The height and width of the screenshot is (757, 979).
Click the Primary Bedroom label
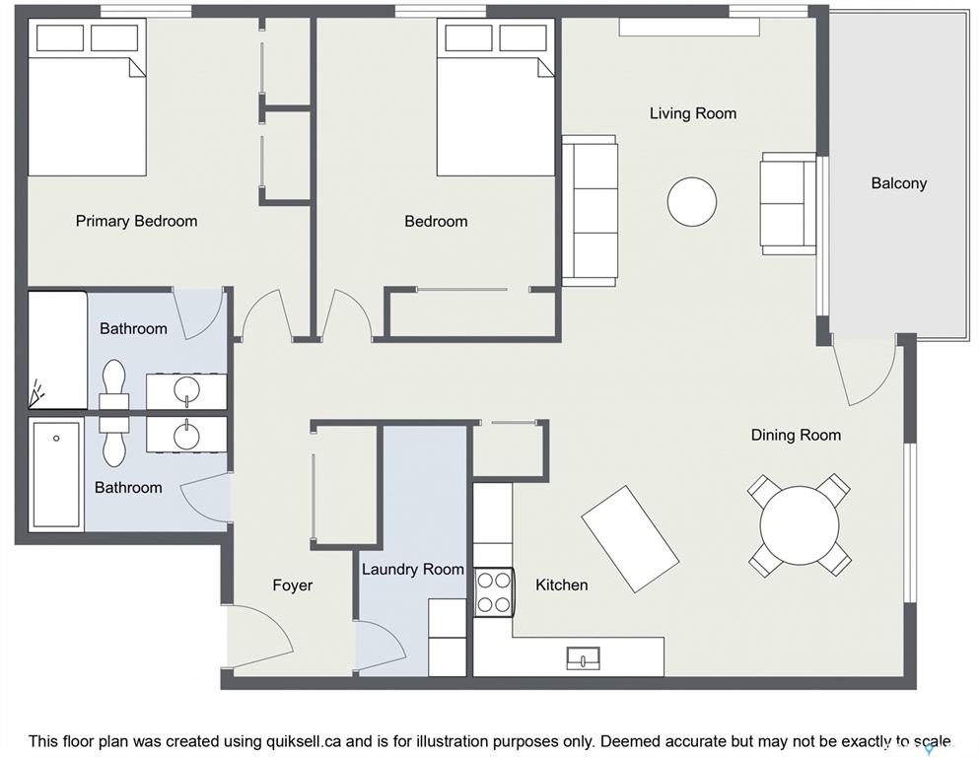136,221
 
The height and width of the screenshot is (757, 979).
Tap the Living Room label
693,113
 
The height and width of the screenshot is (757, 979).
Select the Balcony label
899,183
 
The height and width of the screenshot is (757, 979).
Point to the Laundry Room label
413,569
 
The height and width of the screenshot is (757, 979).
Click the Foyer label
292,585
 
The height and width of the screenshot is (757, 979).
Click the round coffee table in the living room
692,202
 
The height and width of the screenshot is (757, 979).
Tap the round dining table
800,524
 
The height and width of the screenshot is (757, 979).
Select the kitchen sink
583,658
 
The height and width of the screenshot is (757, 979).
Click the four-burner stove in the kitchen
493,591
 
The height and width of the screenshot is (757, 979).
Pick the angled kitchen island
630,538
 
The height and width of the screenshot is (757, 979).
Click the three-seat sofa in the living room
590,211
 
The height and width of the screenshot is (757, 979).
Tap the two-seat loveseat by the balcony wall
788,203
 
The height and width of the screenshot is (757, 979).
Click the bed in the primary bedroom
87,97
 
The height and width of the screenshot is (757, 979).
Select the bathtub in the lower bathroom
57,474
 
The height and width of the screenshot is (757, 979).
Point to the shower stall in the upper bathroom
57,350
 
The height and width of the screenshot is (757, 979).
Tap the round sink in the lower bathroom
186,435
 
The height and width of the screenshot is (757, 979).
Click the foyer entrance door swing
259,635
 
